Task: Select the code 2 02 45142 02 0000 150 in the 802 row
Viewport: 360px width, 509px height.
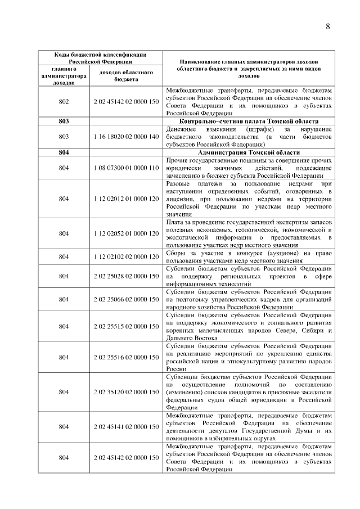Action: (127, 101)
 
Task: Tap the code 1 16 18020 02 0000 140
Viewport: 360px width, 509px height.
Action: (127, 136)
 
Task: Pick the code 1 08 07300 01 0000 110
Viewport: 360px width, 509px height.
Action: (127, 168)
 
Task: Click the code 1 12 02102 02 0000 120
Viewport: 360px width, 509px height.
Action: (127, 256)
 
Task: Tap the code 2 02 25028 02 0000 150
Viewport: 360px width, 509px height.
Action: (127, 276)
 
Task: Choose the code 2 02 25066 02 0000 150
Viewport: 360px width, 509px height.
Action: (127, 299)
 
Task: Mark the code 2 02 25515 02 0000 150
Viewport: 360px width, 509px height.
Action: (127, 326)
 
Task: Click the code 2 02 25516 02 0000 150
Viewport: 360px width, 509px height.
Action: (127, 357)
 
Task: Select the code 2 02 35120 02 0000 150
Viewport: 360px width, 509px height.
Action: (127, 391)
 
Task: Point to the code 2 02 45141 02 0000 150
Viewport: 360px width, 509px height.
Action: (127, 426)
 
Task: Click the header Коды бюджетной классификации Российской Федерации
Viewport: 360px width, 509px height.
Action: (100, 58)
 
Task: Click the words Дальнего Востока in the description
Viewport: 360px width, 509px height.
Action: (191, 337)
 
